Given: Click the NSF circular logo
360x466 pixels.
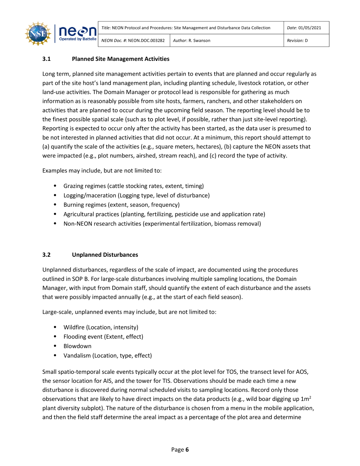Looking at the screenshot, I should pos(38,34).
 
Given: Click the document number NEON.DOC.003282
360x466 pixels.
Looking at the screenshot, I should pos(146,41).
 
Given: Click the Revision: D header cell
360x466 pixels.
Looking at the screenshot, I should pos(297,41).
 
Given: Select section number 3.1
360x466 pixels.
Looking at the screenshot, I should pos(46,59).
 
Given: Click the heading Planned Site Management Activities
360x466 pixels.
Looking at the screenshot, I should pos(121,59).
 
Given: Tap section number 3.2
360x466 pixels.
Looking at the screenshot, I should pos(46,255).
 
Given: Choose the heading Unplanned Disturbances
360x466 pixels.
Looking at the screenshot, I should pos(105,255).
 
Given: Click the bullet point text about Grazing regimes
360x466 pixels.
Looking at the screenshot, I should pos(134,186).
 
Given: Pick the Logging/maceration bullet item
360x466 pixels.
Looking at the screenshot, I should pos(136,196).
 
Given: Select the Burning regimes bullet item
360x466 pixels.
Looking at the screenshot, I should pos(121,205).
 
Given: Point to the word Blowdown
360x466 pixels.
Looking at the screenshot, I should pos(77,346).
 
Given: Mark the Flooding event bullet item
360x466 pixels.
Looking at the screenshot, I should pos(103,337).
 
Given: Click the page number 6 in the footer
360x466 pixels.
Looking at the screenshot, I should pos(187,450).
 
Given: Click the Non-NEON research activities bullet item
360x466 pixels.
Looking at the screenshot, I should pos(162,224).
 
